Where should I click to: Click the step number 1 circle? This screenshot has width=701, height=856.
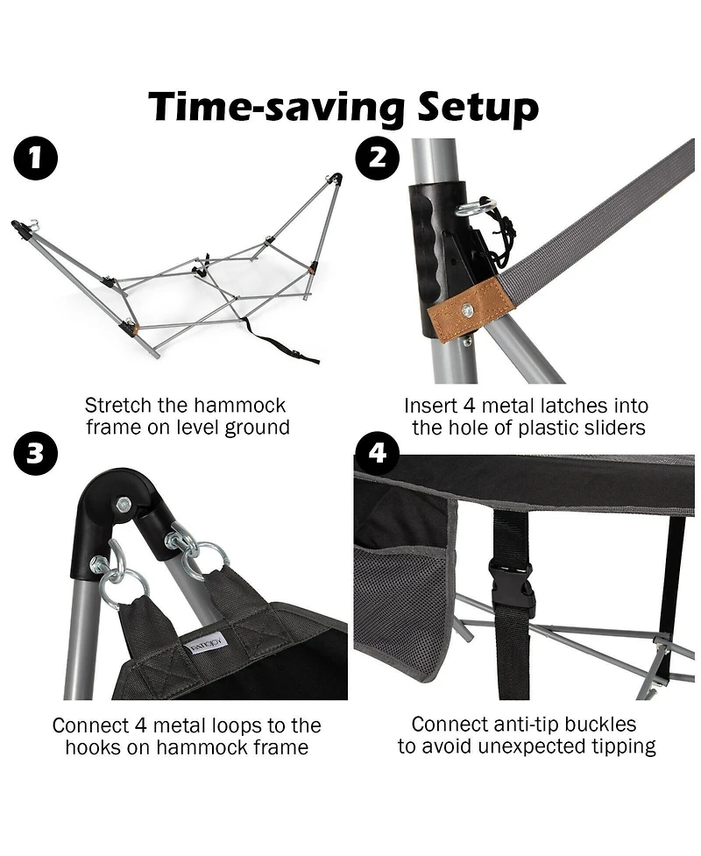(x=36, y=160)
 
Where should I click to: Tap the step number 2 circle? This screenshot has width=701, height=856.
(x=378, y=159)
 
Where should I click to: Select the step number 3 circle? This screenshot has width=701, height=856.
(x=36, y=454)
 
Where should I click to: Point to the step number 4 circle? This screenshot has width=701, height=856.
(x=378, y=453)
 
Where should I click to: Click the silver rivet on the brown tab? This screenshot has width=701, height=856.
(x=467, y=309)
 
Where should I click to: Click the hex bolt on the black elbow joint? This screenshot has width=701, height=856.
(x=124, y=505)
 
